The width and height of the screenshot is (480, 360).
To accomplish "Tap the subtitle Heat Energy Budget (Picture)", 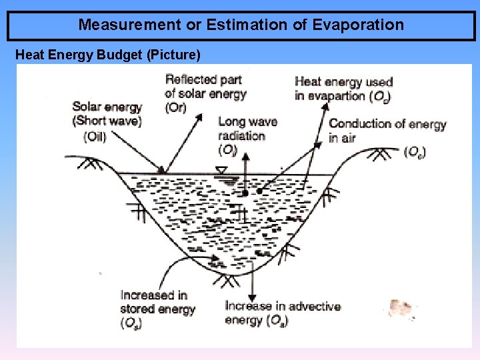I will tap(107, 54).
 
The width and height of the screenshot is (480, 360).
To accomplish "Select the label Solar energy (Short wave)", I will tap(107, 113).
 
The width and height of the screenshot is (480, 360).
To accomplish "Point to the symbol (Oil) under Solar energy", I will tap(95, 137).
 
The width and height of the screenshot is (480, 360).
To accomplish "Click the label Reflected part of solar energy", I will tap(206, 87).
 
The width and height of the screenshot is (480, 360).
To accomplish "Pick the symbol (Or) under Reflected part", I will tap(175, 108).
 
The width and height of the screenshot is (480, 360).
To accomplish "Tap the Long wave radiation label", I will tap(247, 129).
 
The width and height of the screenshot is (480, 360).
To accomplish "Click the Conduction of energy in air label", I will tap(387, 130).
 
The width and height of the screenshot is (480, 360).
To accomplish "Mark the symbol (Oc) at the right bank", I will tap(414, 152).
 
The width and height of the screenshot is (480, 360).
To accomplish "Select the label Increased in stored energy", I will tap(157, 302).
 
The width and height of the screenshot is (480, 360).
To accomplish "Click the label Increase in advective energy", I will tap(283, 313).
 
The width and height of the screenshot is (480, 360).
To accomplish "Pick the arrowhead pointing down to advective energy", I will tap(252, 297).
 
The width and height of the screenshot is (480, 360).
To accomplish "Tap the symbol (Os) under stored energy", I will tap(131, 323).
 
